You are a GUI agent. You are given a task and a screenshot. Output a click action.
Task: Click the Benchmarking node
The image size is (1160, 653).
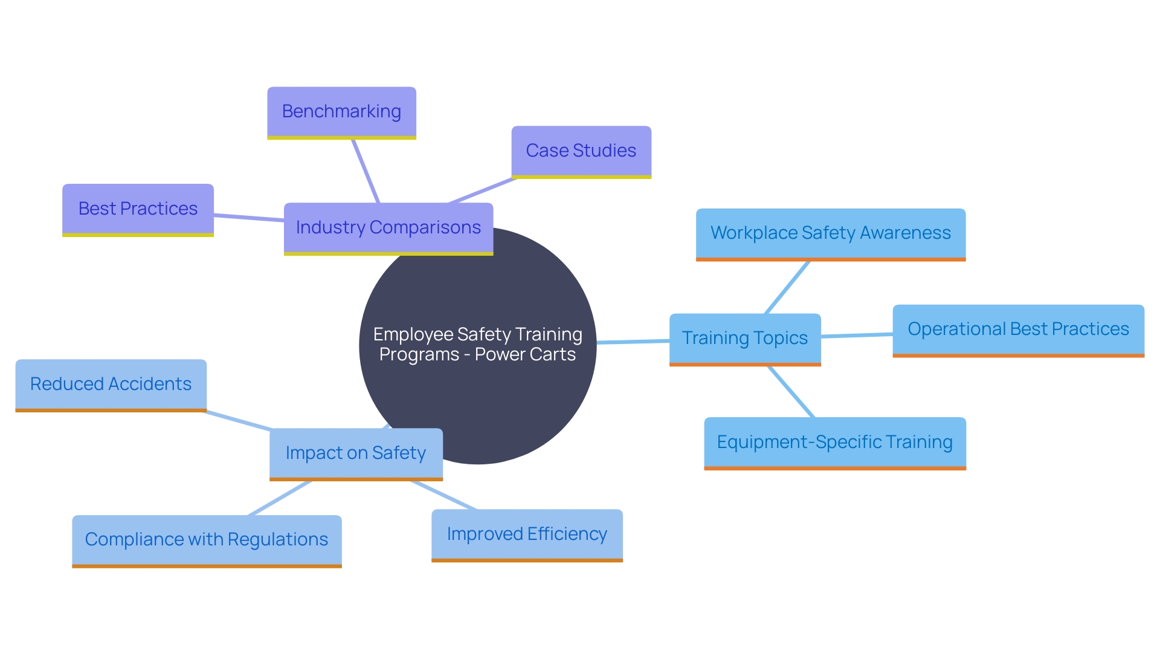point(341,112)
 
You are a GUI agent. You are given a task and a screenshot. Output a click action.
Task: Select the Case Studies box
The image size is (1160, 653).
point(581,151)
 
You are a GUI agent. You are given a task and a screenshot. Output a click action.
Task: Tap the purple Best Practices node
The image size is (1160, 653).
point(138,209)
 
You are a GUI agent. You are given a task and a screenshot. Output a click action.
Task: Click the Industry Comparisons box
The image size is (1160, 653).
point(388,227)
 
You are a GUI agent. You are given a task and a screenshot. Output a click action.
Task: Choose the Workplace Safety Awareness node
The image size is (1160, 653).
point(830,233)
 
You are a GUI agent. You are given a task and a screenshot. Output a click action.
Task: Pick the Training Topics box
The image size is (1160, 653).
point(744,338)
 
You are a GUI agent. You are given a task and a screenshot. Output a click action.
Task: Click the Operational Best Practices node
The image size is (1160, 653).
point(1018,329)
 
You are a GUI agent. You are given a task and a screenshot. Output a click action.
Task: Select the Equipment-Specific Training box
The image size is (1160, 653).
point(834,442)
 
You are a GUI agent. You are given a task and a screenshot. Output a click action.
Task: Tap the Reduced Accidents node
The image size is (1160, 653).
point(111,384)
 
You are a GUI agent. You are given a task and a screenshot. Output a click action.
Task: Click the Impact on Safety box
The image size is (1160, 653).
point(355,453)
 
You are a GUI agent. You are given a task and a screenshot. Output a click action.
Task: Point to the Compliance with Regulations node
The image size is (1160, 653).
point(206,539)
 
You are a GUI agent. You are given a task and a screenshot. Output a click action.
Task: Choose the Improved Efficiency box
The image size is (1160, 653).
point(526,534)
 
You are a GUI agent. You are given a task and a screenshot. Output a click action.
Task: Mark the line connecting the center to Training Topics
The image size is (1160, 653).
point(633,342)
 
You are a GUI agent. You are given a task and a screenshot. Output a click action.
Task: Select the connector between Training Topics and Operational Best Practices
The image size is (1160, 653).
point(857,335)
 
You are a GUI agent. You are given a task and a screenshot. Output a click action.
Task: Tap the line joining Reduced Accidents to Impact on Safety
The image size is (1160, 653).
point(239,421)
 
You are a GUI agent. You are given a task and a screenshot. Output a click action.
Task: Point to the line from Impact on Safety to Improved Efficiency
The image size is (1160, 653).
point(444,495)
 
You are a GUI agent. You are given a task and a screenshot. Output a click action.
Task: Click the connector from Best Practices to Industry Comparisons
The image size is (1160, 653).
point(248,218)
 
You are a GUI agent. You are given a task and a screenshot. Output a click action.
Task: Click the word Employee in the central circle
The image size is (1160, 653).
point(413,334)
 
